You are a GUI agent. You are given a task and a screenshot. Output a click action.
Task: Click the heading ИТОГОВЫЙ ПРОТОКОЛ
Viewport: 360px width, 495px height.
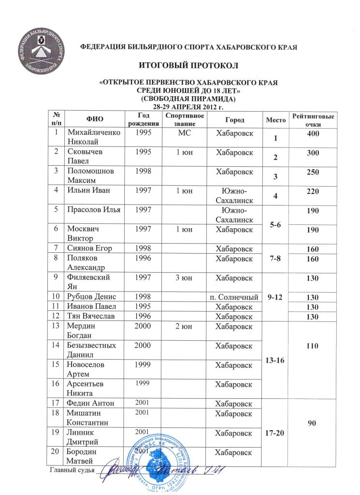179,64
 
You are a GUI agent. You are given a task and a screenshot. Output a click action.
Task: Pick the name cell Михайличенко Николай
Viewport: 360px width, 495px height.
93,138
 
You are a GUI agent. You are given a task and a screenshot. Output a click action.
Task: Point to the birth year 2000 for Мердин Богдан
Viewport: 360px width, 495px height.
144,326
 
